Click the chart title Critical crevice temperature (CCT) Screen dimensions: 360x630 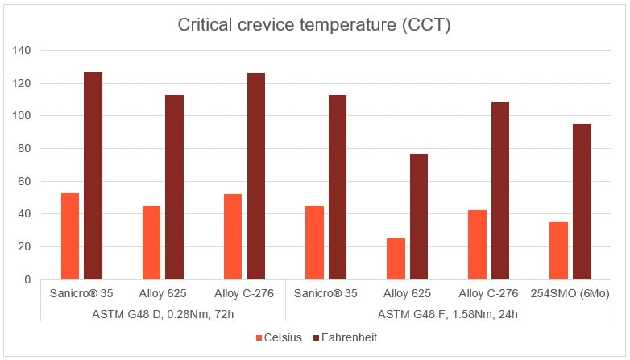[x=314, y=25]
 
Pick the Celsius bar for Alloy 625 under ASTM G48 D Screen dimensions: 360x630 [x=151, y=242]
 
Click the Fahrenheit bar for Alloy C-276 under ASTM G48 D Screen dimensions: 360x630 [x=256, y=176]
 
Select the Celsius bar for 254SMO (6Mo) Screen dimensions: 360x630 [x=558, y=250]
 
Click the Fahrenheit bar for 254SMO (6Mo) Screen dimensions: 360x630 [x=582, y=201]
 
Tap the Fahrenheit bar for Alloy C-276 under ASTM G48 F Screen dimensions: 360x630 [x=500, y=191]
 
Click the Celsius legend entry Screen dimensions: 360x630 [x=279, y=338]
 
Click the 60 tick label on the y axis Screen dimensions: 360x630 [x=23, y=181]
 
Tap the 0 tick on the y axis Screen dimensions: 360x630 [x=27, y=279]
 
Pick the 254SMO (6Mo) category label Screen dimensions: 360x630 [x=570, y=293]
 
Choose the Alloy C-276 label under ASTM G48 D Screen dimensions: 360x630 [x=244, y=293]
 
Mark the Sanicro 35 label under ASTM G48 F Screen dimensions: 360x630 [x=326, y=293]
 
